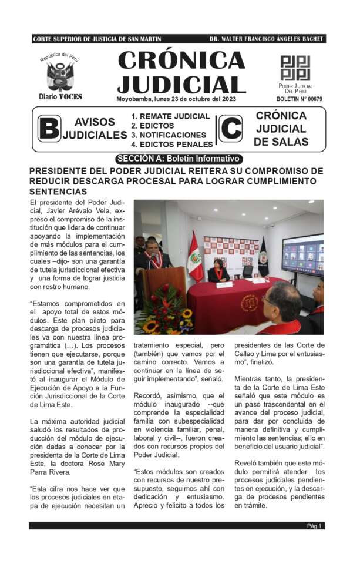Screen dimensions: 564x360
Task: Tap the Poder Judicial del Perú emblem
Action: coord(295,68)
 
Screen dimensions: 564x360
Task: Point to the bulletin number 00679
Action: coord(301,99)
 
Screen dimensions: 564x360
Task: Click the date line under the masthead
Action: coord(176,99)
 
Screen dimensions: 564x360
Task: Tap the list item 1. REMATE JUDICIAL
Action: coord(170,116)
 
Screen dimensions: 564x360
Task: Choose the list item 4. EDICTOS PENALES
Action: coord(171,144)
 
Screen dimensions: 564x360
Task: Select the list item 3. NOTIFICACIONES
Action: coord(169,135)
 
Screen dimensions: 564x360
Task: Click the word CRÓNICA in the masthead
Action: coord(181,61)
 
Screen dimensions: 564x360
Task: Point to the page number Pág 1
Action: coord(314,526)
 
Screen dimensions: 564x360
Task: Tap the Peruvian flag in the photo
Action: coord(194,256)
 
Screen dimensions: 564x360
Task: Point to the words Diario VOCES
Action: coord(60,96)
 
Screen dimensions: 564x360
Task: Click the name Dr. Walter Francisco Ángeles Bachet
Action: coord(266,39)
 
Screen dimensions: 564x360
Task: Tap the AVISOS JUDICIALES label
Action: coord(95,129)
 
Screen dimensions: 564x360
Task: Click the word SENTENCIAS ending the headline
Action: coord(58,192)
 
